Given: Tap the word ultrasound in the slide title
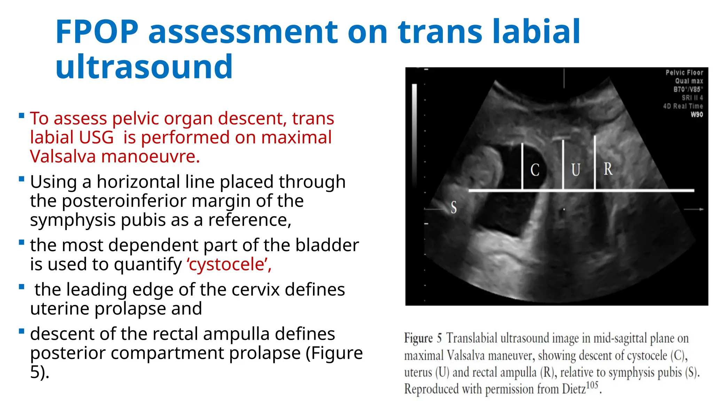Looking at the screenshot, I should (144, 66).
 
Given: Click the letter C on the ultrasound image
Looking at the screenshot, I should (535, 170).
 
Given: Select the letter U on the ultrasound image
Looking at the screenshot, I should (575, 170).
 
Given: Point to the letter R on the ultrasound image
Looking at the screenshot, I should (608, 169).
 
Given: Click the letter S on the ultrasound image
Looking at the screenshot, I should (454, 207).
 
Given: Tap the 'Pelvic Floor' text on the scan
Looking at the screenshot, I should (684, 72).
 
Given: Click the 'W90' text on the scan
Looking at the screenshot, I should (697, 115).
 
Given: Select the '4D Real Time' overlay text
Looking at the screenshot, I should (683, 106).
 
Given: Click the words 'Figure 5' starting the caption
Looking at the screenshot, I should (423, 338).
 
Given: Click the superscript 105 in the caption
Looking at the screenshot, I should (592, 385).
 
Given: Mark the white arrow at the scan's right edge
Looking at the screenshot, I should (694, 209).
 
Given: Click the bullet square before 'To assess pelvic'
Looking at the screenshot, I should (22, 116).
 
